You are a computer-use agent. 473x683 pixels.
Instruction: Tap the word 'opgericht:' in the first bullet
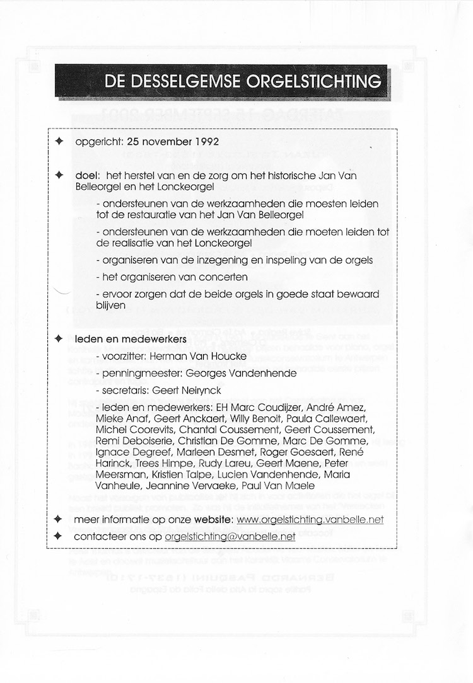tap(98, 141)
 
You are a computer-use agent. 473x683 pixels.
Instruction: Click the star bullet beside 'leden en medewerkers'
tap(60, 340)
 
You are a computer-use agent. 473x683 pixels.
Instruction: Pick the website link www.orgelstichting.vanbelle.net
tap(309, 520)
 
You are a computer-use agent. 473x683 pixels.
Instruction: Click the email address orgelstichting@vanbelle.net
tap(230, 537)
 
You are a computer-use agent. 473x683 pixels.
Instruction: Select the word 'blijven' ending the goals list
tap(111, 306)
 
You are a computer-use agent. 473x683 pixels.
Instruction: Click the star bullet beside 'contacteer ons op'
tap(60, 537)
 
